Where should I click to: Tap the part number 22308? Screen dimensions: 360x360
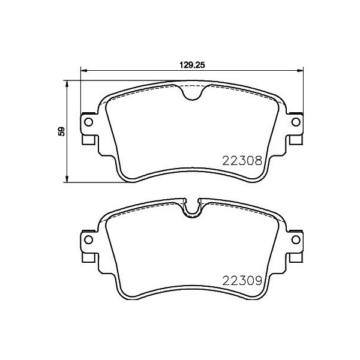point(241,160)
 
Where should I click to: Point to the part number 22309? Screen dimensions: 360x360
point(241,279)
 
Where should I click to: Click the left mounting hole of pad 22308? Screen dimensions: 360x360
point(88,122)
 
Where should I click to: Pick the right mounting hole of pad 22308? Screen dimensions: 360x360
point(295,122)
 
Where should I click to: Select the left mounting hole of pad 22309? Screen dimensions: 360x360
point(88,240)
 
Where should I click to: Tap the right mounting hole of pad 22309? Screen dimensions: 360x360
point(295,240)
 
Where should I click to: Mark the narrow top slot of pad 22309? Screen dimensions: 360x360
point(192,208)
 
